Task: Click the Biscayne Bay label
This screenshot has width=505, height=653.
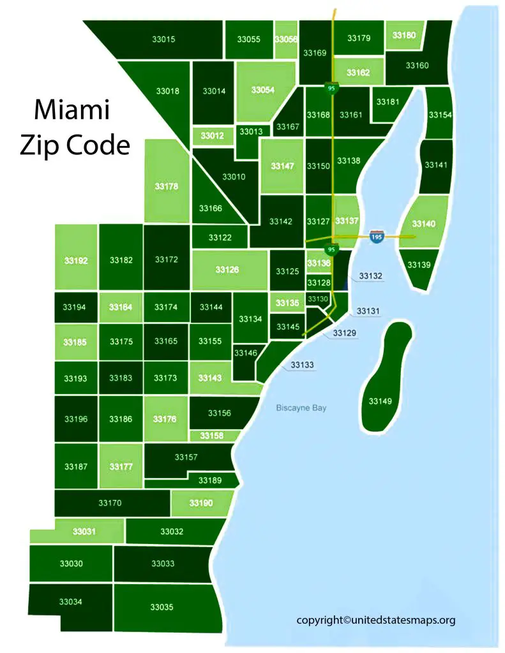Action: (301, 407)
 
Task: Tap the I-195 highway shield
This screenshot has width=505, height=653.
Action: (377, 237)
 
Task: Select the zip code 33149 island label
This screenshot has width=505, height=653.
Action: (381, 401)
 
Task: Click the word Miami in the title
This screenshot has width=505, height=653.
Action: (72, 110)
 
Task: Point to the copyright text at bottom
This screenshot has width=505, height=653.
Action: (375, 619)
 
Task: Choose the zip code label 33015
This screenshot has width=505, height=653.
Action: (164, 39)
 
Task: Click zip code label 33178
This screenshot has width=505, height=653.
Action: (167, 187)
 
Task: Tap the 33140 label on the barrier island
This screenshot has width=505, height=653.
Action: (423, 224)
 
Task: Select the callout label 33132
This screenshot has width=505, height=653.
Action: (370, 276)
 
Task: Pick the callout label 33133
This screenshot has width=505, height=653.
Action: (302, 365)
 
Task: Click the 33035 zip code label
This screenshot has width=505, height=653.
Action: (162, 607)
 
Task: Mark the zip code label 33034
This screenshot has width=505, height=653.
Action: (70, 601)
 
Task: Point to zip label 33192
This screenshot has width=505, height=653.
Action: (76, 260)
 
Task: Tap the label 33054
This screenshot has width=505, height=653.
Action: (262, 90)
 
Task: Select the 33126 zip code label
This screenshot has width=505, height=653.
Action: (227, 270)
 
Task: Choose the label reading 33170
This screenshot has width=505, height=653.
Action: (110, 503)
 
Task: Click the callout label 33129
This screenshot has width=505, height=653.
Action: (345, 333)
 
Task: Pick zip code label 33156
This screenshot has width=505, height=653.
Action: (220, 413)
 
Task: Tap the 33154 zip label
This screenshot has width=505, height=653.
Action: (440, 115)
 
